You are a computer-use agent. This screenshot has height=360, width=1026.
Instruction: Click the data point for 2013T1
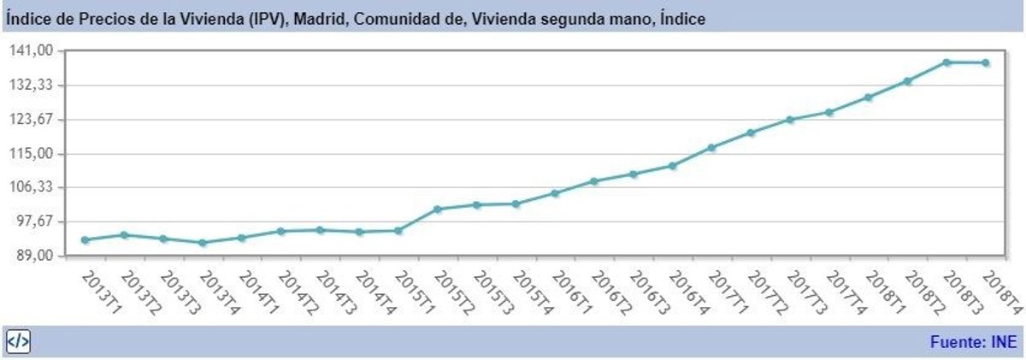85,239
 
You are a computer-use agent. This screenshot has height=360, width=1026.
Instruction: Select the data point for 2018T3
946,62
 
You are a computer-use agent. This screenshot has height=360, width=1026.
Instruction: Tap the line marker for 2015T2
438,209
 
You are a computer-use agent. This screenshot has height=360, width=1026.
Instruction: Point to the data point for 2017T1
711,148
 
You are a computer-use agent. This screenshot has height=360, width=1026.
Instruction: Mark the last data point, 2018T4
986,62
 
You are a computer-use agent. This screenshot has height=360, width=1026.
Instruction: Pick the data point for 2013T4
203,243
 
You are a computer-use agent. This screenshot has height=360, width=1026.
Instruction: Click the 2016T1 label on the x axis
570,292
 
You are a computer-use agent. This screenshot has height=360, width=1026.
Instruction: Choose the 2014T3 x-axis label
335,292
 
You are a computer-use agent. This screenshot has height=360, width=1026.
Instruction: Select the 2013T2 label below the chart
139,292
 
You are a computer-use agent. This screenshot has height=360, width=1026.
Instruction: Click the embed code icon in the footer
18,342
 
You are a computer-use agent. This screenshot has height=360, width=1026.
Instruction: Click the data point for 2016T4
672,165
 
